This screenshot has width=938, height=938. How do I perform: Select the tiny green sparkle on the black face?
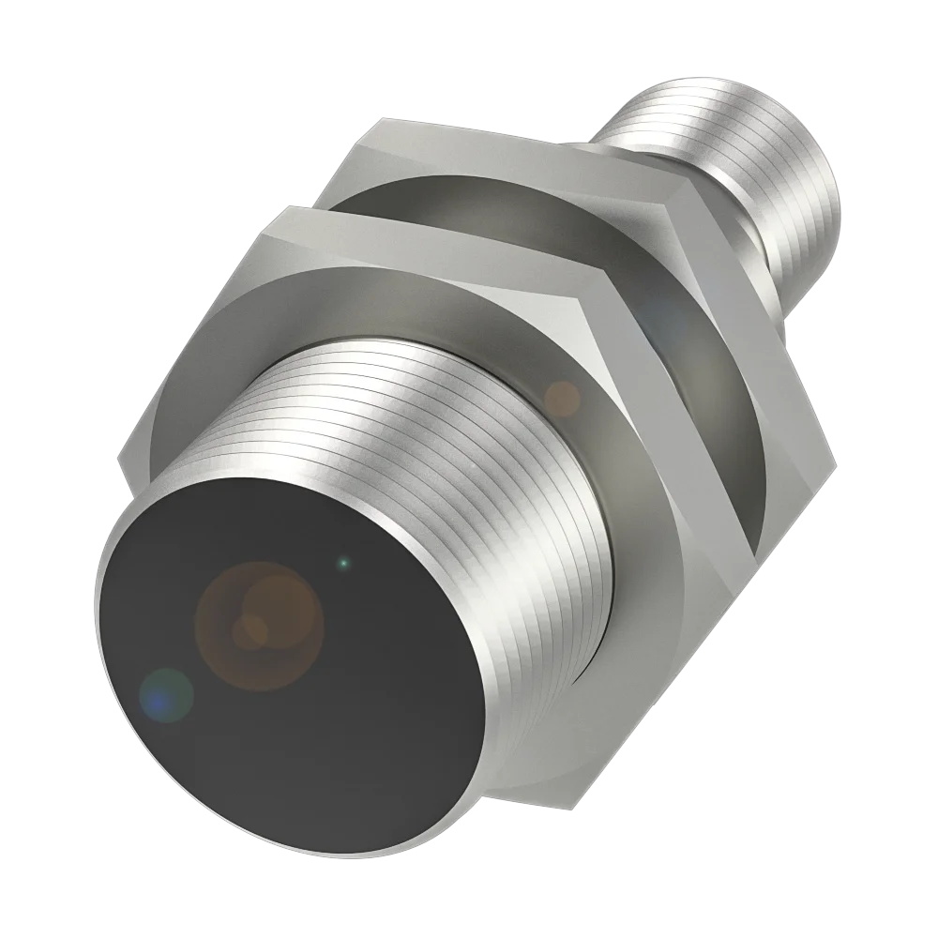point(344,563)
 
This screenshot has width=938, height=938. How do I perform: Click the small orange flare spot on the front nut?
point(562,398)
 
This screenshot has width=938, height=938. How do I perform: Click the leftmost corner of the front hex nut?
point(119,461)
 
